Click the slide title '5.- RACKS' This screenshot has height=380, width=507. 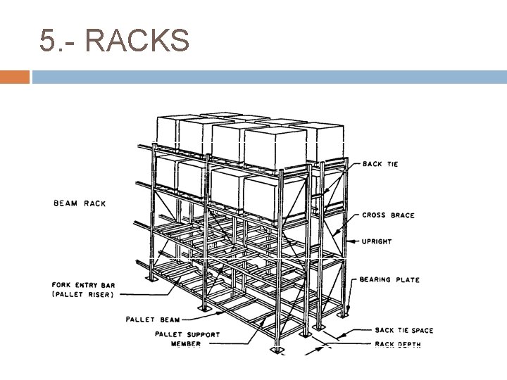pyautogui.click(x=115, y=40)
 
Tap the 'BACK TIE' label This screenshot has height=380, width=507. pyautogui.click(x=380, y=164)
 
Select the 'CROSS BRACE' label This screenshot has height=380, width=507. pyautogui.click(x=388, y=215)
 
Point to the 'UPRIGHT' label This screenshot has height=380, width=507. pyautogui.click(x=377, y=242)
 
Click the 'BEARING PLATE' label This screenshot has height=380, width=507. pyautogui.click(x=390, y=280)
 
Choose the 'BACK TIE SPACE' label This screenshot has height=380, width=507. pyautogui.click(x=403, y=331)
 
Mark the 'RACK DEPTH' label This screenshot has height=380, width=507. pyautogui.click(x=397, y=345)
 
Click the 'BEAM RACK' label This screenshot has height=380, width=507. pyautogui.click(x=80, y=203)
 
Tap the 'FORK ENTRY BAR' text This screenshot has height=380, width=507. pyautogui.click(x=82, y=286)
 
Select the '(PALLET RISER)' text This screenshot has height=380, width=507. pyautogui.click(x=82, y=295)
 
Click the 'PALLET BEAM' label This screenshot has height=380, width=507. pyautogui.click(x=153, y=319)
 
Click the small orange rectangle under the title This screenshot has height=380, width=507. pyautogui.click(x=15, y=77)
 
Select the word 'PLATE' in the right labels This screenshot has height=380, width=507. pyautogui.click(x=406, y=280)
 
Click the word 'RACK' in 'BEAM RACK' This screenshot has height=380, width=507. pyautogui.click(x=93, y=203)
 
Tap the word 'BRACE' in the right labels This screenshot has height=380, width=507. pyautogui.click(x=402, y=215)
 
